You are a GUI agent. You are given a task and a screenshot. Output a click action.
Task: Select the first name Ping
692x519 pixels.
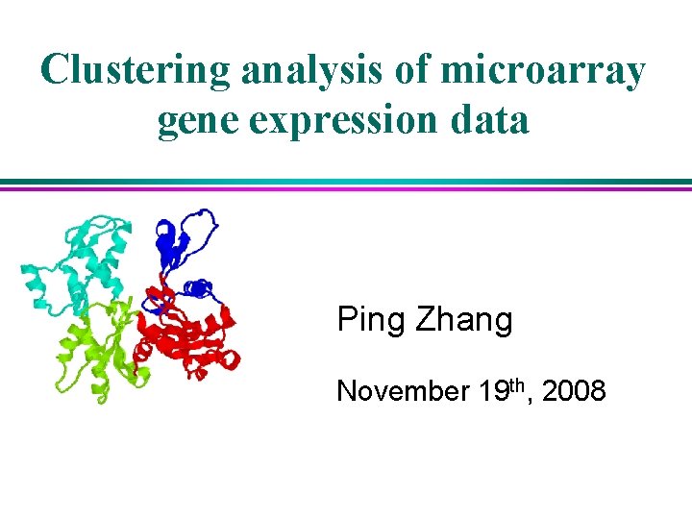[371, 320]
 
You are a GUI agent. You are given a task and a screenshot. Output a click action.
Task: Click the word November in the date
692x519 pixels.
[401, 391]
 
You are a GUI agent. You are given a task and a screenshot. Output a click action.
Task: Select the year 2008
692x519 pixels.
[574, 391]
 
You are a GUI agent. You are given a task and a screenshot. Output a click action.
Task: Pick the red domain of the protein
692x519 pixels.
[187, 336]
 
